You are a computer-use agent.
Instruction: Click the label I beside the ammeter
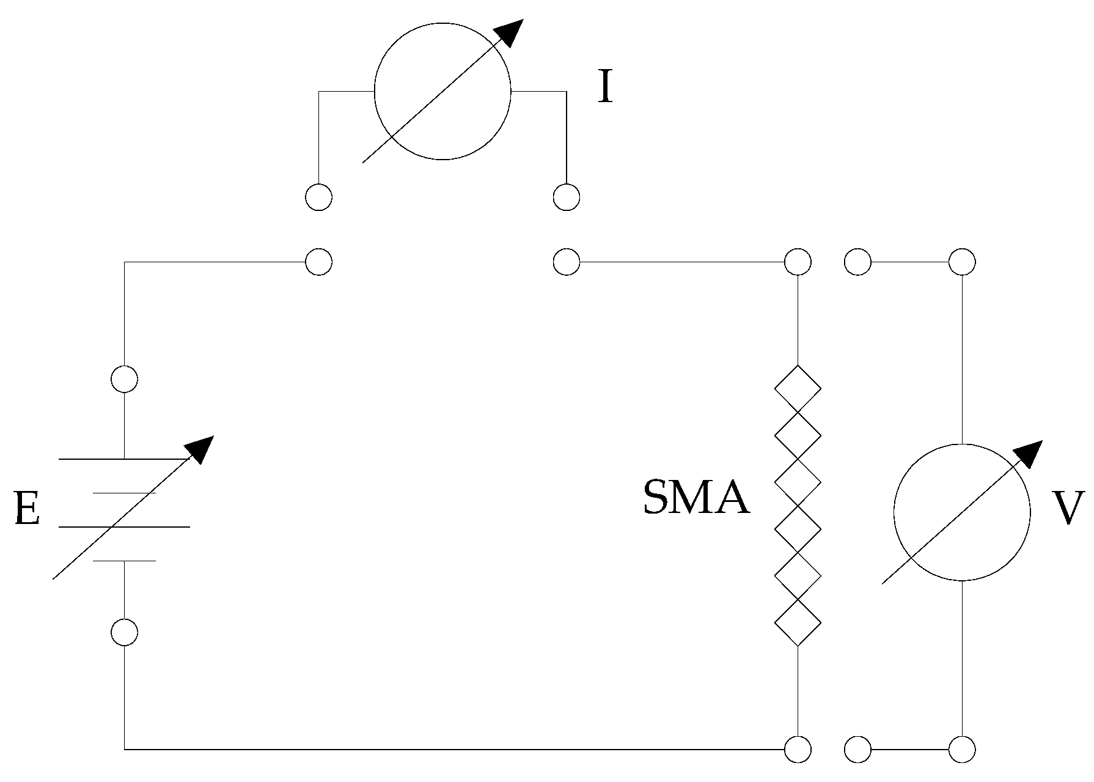[x=604, y=88]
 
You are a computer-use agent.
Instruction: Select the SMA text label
[x=696, y=498]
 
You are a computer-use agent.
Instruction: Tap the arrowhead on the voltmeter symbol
[x=1030, y=452]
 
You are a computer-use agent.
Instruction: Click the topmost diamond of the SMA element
[x=798, y=388]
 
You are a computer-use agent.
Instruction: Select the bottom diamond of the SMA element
[x=798, y=623]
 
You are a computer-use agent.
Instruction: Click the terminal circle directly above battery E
[x=124, y=379]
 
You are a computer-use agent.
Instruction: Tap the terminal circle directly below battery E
[x=124, y=632]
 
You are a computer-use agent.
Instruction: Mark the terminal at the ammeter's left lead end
[x=318, y=197]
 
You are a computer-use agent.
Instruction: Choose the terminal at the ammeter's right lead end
[x=566, y=197]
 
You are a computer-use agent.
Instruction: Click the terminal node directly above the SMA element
[x=798, y=262]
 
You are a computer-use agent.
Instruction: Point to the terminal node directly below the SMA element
[x=798, y=749]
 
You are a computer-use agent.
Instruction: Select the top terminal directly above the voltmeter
[x=962, y=262]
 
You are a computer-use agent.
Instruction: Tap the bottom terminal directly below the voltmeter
[x=962, y=749]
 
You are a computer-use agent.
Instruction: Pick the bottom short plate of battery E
[x=124, y=561]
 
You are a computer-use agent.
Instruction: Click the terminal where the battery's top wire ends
[x=318, y=262]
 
